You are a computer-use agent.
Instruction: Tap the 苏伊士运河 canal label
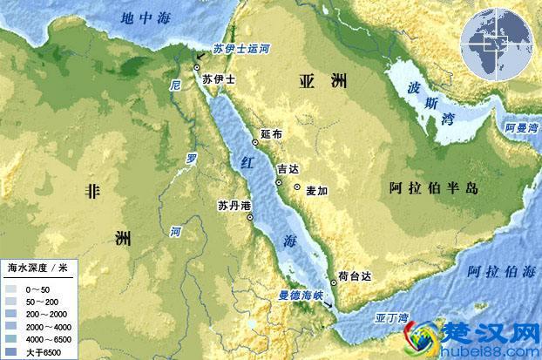point(239,50)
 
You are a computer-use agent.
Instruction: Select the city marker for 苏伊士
point(198,67)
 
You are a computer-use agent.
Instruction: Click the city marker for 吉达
point(278,182)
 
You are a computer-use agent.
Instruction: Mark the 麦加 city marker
point(298,188)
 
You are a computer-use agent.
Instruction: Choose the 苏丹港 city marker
point(251,218)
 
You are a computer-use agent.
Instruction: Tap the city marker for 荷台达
point(333,283)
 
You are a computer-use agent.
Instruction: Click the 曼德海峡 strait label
point(302,295)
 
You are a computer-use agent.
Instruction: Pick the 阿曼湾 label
point(522,128)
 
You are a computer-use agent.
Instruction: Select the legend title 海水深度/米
point(37,267)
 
